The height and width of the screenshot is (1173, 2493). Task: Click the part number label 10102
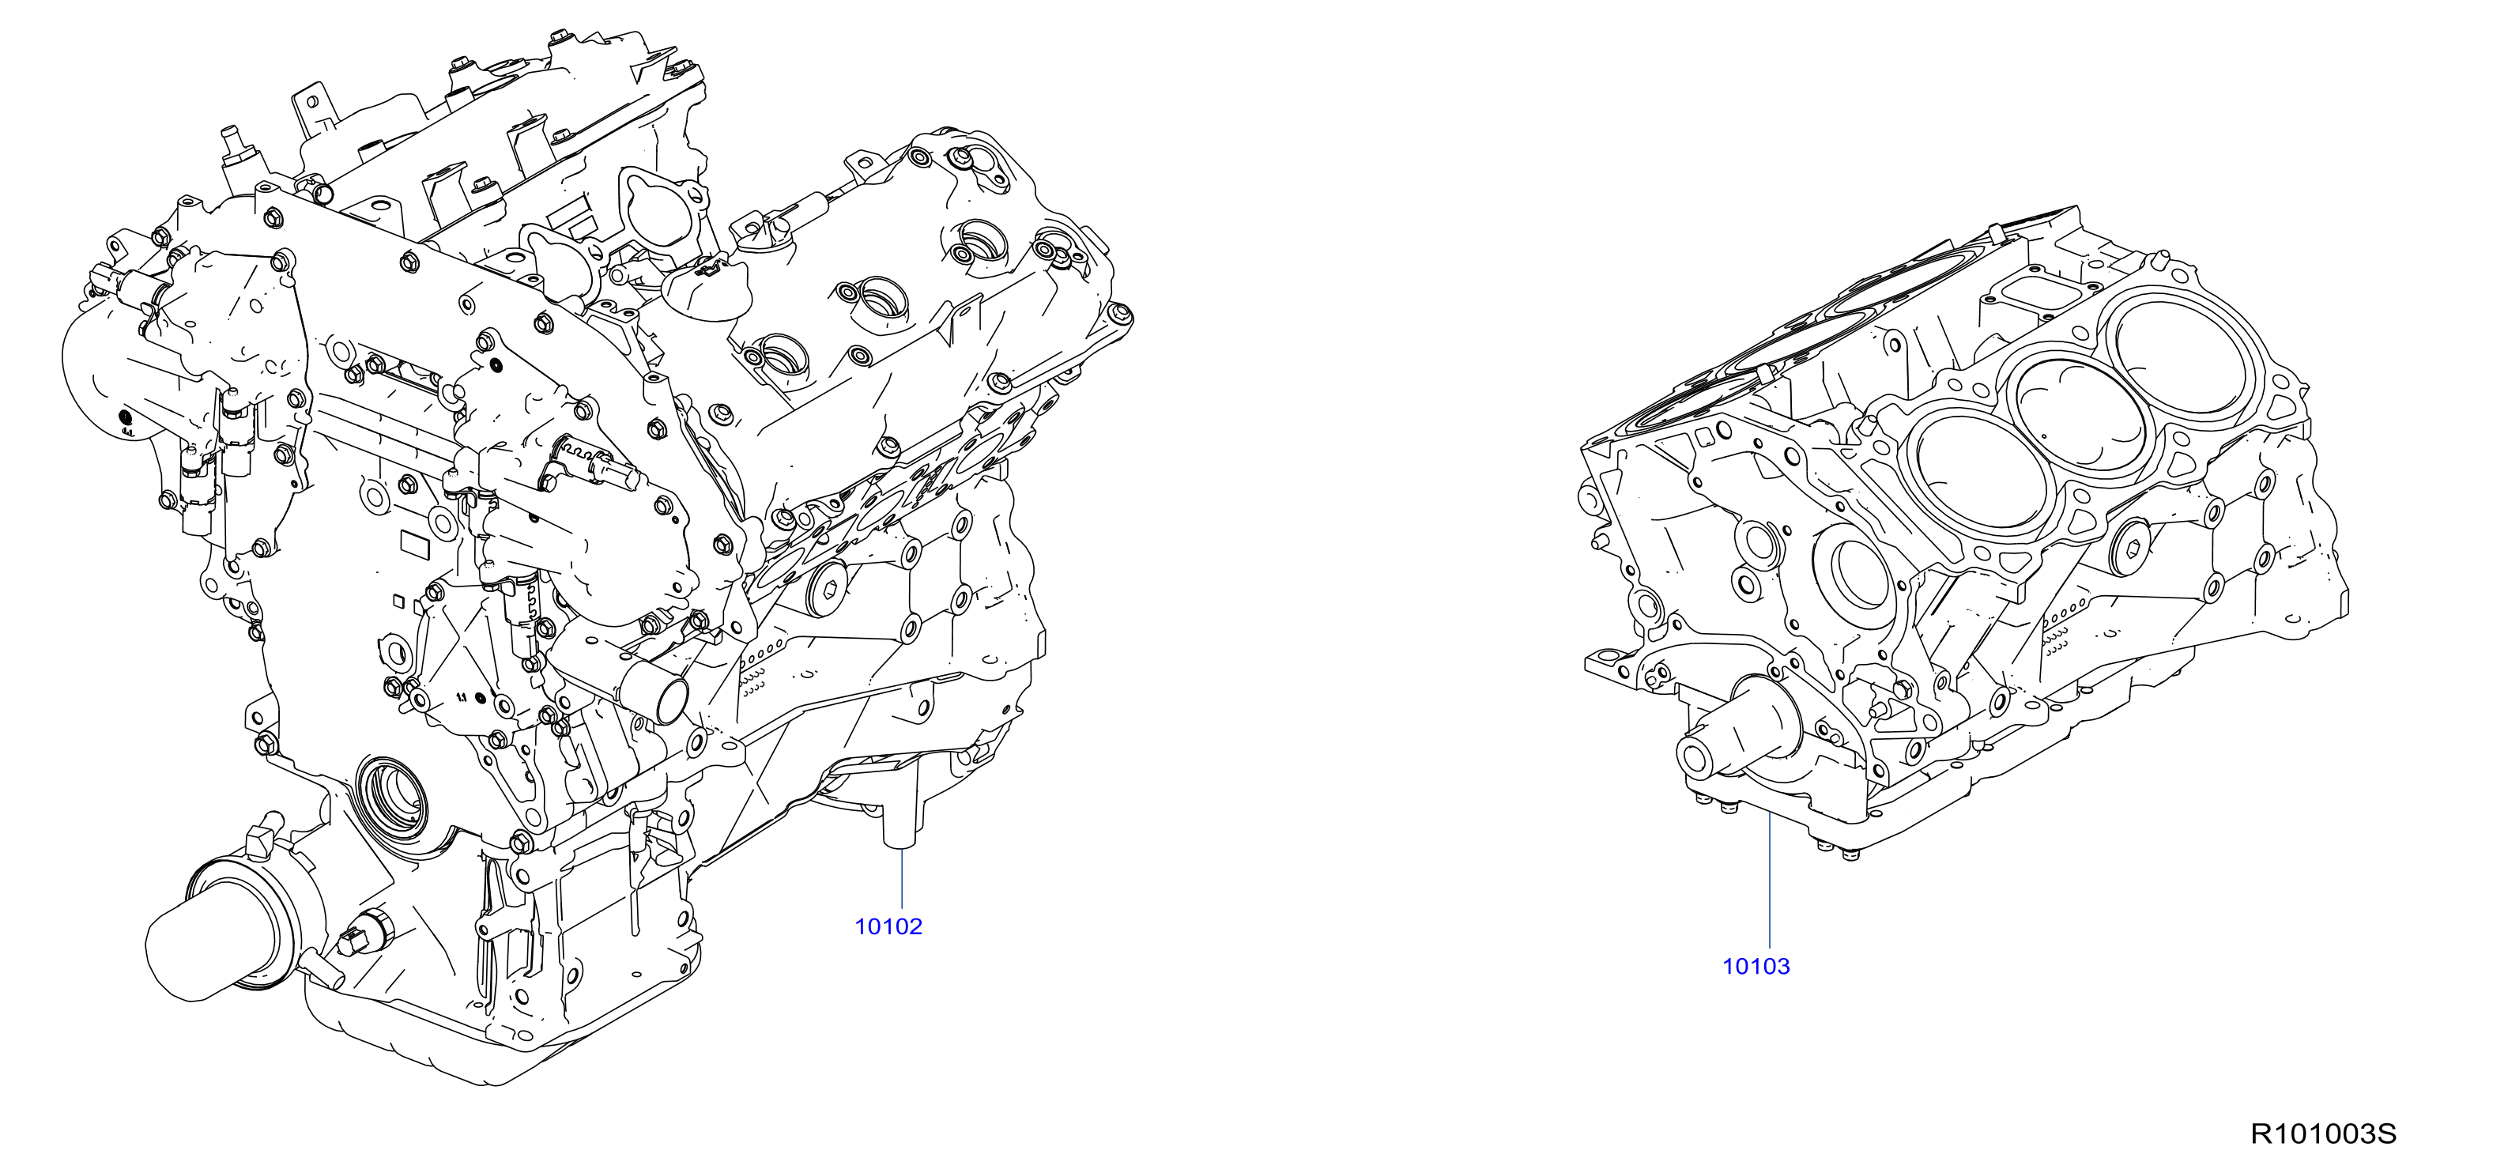point(888,926)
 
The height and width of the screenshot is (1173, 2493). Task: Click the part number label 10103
point(1756,966)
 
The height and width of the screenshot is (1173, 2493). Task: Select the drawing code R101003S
point(2323,1133)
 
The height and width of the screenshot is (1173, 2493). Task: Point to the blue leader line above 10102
point(902,880)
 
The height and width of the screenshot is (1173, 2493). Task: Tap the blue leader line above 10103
point(1769,880)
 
